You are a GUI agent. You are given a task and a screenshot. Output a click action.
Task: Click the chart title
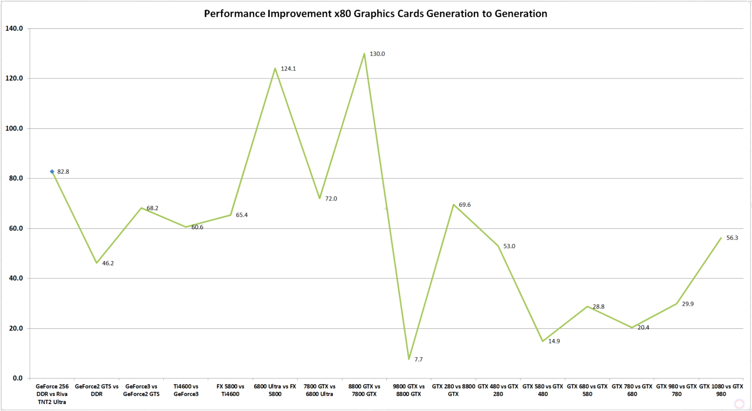(x=376, y=14)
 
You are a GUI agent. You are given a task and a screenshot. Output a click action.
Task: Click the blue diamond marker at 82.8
(x=52, y=171)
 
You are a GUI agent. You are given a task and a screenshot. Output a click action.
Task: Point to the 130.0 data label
(x=377, y=54)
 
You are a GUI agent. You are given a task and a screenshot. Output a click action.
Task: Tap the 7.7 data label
(x=418, y=359)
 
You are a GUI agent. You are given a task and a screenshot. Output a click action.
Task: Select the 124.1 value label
(x=288, y=68)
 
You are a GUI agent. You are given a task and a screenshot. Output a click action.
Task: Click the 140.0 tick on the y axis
(x=14, y=29)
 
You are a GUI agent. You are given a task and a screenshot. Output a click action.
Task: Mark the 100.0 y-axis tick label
(x=14, y=128)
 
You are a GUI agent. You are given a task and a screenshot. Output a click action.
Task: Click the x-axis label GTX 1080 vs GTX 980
(x=721, y=390)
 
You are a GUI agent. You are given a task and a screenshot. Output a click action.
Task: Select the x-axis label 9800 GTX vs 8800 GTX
(x=408, y=390)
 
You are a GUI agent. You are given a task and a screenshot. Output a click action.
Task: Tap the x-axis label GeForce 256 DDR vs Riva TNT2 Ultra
(x=52, y=394)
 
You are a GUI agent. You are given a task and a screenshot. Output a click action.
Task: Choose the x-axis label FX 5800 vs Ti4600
(x=230, y=390)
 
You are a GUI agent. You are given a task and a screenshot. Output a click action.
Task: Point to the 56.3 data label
(x=732, y=238)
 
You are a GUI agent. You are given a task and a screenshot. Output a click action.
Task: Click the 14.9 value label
(x=554, y=341)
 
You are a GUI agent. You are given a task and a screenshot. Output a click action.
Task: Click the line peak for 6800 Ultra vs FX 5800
(x=275, y=68)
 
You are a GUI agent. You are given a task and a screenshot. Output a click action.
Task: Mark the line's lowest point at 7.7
(x=409, y=359)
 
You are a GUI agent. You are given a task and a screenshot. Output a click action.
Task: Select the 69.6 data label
(x=465, y=205)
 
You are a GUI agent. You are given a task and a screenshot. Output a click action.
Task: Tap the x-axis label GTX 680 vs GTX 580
(x=587, y=390)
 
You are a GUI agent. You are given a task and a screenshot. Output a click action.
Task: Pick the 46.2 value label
(x=108, y=263)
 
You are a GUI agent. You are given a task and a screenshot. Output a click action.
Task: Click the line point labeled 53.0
(x=498, y=246)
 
